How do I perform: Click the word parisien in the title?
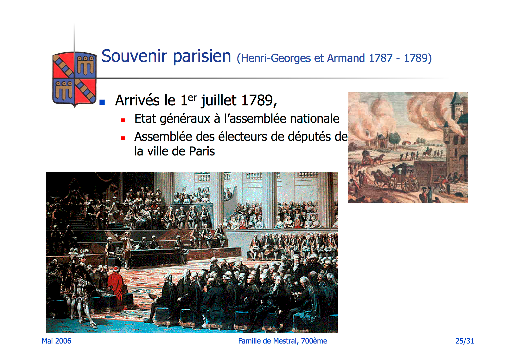202,57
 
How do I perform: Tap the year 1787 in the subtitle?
381,58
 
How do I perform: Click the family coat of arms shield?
74,79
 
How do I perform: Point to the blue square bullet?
102,102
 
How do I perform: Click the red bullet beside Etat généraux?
123,120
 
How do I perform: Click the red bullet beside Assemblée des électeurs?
123,138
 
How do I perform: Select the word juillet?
219,101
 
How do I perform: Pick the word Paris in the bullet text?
202,151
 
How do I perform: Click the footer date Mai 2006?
56,341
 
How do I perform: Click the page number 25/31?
465,341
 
